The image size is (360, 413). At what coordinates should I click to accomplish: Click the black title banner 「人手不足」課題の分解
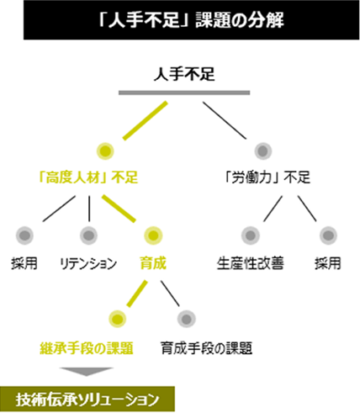pyautogui.click(x=192, y=20)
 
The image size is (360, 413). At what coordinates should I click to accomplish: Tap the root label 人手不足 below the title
pyautogui.click(x=184, y=74)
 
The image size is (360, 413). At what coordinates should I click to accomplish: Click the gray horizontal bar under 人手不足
pyautogui.click(x=184, y=93)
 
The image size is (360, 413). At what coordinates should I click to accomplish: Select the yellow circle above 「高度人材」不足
pyautogui.click(x=105, y=151)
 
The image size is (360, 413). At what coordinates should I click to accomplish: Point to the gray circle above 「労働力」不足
pyautogui.click(x=263, y=151)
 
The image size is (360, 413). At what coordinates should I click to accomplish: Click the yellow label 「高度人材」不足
pyautogui.click(x=88, y=177)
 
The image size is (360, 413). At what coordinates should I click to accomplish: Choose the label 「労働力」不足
pyautogui.click(x=268, y=177)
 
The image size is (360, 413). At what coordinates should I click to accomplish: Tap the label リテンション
pyautogui.click(x=88, y=263)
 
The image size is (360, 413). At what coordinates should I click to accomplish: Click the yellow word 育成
pyautogui.click(x=153, y=263)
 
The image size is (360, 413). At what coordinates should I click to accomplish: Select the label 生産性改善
pyautogui.click(x=251, y=263)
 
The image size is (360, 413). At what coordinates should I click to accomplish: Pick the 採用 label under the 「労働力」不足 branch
pyautogui.click(x=328, y=263)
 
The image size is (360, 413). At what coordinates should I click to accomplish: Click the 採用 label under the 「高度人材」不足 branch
pyautogui.click(x=24, y=263)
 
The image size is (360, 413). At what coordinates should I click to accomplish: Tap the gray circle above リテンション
pyautogui.click(x=89, y=236)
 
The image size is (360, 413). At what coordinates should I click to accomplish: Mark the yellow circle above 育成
pyautogui.click(x=153, y=236)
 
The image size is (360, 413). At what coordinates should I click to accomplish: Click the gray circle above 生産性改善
pyautogui.click(x=251, y=236)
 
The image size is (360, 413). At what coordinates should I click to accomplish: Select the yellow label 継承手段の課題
pyautogui.click(x=87, y=348)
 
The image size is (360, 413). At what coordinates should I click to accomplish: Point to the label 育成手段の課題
pyautogui.click(x=207, y=348)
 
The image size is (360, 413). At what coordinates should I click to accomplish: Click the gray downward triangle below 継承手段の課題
pyautogui.click(x=87, y=372)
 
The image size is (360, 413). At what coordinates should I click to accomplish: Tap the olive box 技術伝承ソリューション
pyautogui.click(x=87, y=400)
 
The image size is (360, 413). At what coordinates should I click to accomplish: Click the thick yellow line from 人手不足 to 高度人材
pyautogui.click(x=146, y=120)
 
